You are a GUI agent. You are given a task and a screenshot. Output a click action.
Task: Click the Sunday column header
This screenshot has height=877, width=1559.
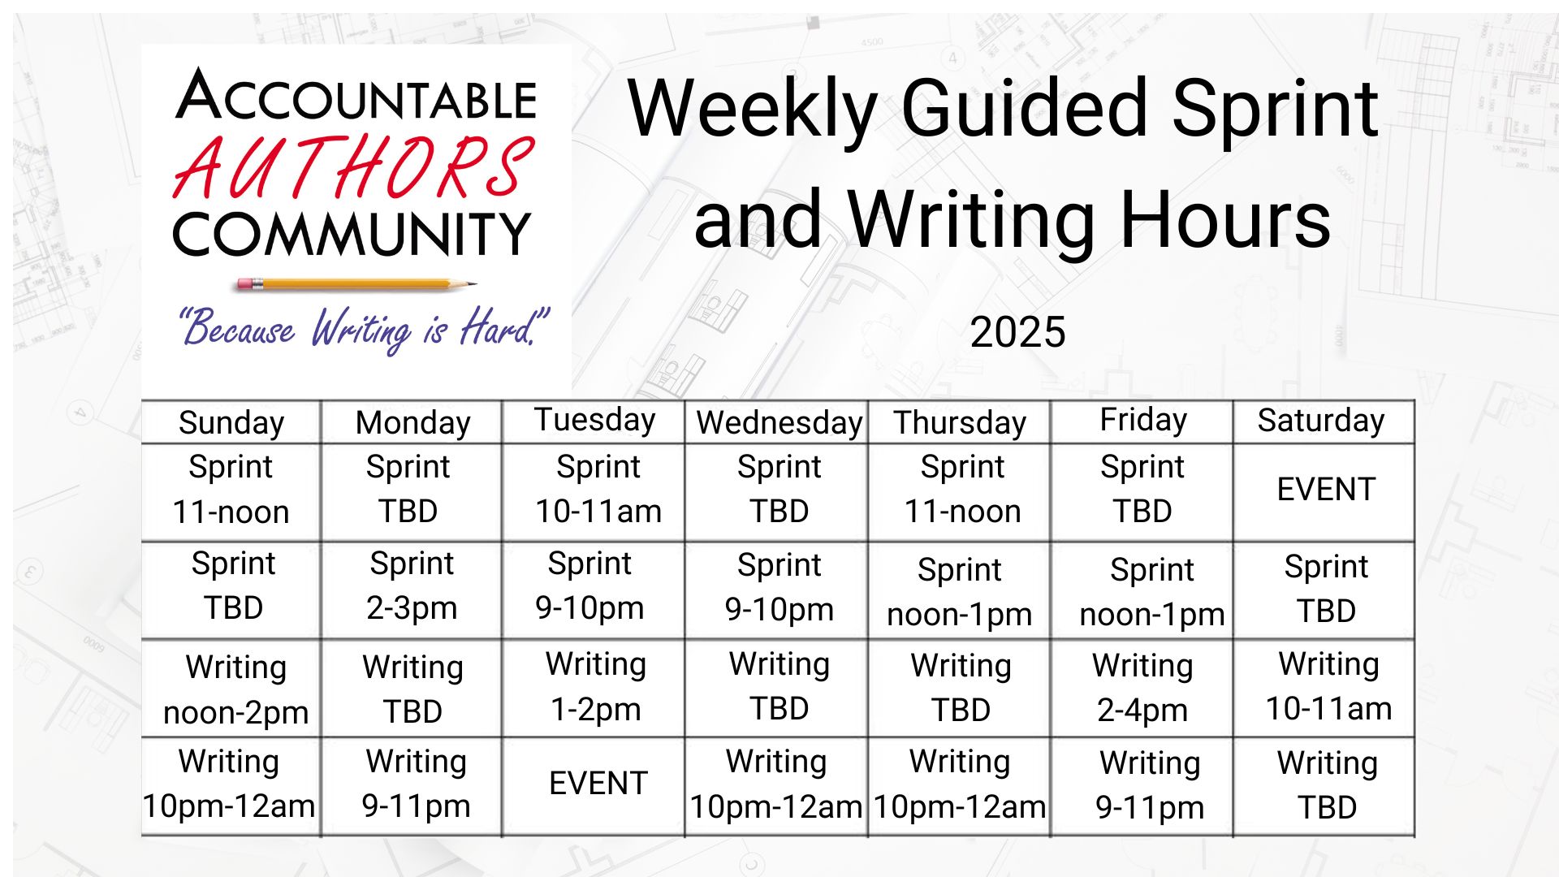pos(231,423)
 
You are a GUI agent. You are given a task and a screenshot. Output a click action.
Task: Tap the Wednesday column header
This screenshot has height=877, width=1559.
pos(779,423)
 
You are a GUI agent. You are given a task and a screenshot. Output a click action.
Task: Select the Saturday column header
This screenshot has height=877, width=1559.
pos(1321,421)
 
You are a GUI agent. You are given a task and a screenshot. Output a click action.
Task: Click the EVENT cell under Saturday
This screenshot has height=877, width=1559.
pos(1326,490)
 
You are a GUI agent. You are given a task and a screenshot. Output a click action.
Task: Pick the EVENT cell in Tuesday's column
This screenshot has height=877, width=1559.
pos(598,784)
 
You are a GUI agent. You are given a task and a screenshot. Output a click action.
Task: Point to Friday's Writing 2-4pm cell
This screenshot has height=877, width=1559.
pos(1142,688)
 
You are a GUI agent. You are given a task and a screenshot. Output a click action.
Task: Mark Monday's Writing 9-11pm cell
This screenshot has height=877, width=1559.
pos(416,784)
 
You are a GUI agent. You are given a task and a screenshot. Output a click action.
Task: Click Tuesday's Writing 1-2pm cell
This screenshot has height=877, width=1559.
pos(596,687)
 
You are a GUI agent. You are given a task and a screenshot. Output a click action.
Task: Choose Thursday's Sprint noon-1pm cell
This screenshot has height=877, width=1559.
pos(960,592)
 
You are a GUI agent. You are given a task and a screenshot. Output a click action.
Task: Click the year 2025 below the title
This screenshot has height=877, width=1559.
pos(1017,332)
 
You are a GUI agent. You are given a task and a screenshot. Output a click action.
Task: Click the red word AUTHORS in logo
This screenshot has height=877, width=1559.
pos(354,167)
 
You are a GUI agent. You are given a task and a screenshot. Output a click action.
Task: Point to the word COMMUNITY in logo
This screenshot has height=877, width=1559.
pos(352,235)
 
